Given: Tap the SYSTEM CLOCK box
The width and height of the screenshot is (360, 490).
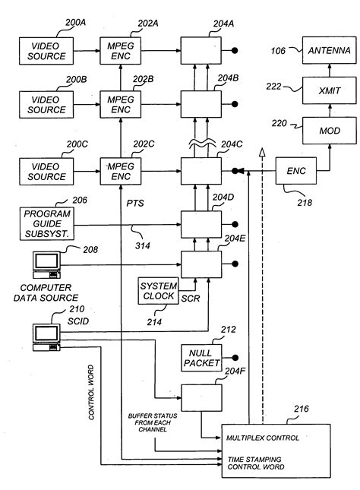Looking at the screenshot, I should click(x=157, y=290).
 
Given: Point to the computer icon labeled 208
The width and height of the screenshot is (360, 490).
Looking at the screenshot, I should click(x=46, y=262).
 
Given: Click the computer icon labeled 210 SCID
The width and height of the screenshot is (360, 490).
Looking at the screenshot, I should click(x=46, y=334).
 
